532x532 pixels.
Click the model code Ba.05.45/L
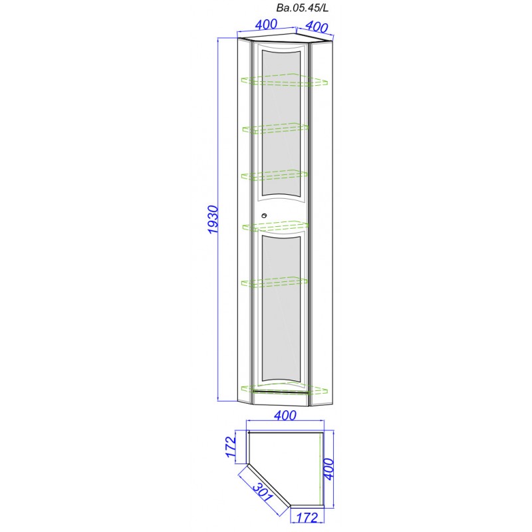coord(303,8)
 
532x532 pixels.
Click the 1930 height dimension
coord(213,219)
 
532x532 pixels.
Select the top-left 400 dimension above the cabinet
coord(267,25)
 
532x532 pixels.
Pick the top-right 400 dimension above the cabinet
coord(317,27)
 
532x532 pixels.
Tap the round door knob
coord(264,215)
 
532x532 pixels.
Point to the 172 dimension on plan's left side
coord(231,446)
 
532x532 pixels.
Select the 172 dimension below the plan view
coord(307,518)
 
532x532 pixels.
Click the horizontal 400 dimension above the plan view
coord(285,415)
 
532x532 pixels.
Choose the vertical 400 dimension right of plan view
coord(329,469)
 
